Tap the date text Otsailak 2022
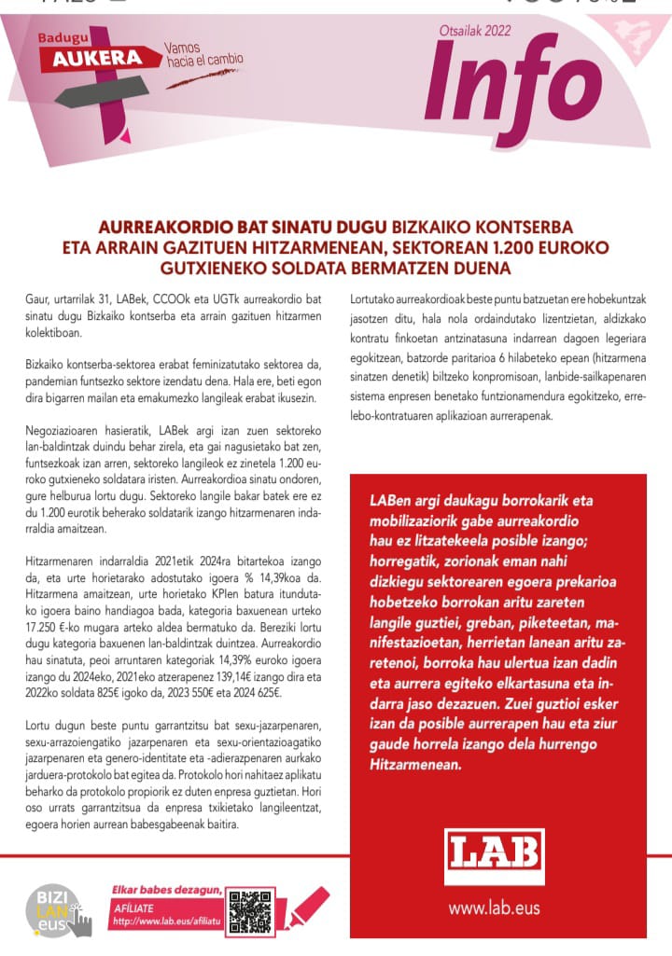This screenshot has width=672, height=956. [x=475, y=30]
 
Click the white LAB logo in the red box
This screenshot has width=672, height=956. [x=494, y=856]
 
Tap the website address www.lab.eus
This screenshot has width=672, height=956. [x=494, y=907]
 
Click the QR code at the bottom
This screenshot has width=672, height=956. [x=249, y=910]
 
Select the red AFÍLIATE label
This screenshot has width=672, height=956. [x=133, y=907]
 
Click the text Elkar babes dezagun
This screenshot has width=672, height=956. [x=167, y=890]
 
